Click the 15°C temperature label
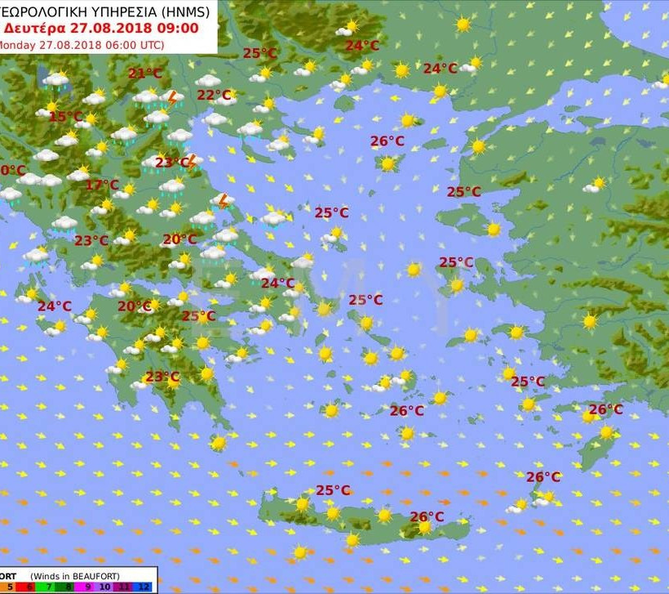pyautogui.click(x=65, y=117)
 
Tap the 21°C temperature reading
pyautogui.click(x=145, y=74)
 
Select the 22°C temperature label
pyautogui.click(x=214, y=96)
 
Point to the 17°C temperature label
pyautogui.click(x=101, y=185)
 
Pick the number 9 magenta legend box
pyautogui.click(x=86, y=586)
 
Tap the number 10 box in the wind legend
pyautogui.click(x=105, y=586)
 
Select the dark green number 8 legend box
pyautogui.click(x=66, y=586)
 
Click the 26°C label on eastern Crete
pyautogui.click(x=427, y=516)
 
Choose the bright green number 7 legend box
pyautogui.click(x=47, y=586)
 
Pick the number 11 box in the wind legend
pyautogui.click(x=125, y=586)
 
